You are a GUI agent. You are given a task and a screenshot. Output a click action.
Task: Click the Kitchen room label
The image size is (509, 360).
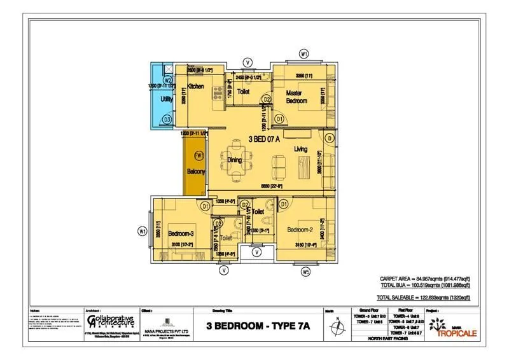(195, 87)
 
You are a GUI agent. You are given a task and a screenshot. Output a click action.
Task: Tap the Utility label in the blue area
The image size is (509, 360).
(167, 100)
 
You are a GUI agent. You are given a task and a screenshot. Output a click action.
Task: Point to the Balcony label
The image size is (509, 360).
(195, 172)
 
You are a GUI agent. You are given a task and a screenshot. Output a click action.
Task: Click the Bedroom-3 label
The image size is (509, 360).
(181, 233)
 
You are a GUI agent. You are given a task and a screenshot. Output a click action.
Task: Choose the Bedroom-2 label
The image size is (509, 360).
(300, 229)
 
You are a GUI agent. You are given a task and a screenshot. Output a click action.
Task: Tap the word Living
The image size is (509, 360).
(300, 149)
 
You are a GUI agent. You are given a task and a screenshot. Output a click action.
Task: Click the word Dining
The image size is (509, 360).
(235, 160)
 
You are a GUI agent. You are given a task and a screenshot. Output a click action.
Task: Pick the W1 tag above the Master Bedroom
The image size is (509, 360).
(304, 55)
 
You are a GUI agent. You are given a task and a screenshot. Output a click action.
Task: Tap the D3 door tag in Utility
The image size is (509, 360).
(167, 119)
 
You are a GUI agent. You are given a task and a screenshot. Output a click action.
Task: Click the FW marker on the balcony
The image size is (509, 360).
(199, 155)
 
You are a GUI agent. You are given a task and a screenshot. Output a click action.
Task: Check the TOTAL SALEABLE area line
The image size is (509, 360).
(423, 297)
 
